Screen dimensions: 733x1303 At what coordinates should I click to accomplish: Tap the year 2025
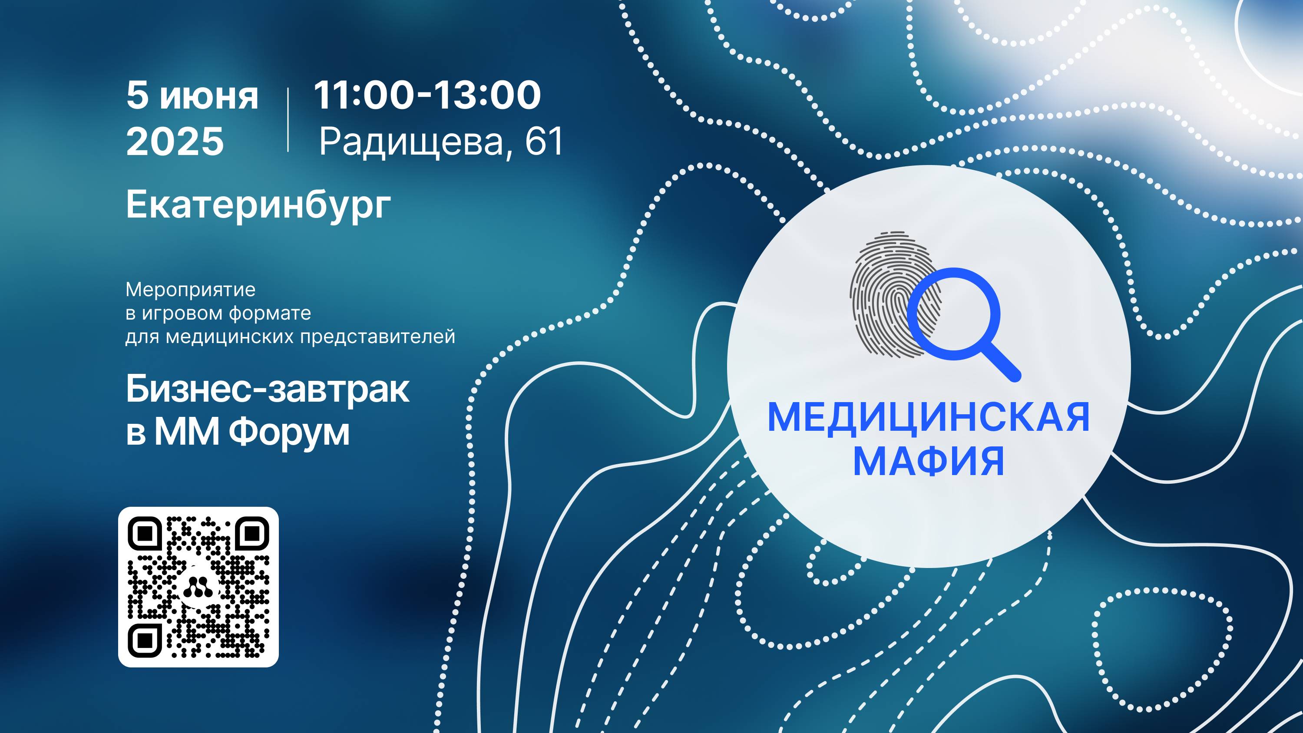point(175,141)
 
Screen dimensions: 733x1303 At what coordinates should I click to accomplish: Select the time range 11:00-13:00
point(427,95)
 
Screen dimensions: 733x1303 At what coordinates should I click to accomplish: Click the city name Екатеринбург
point(258,205)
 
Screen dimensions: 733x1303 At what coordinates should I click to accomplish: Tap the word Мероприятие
point(190,290)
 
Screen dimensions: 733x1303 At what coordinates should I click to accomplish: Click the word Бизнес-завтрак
point(268,390)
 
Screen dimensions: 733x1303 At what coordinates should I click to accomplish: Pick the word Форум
point(289,433)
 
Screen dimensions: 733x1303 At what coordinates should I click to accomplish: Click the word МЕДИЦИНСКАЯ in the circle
point(929,417)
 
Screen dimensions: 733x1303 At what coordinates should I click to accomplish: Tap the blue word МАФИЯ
point(929,461)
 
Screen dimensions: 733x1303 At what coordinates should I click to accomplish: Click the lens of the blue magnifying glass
point(954,314)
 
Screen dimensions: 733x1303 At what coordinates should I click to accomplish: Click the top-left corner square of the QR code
point(145,533)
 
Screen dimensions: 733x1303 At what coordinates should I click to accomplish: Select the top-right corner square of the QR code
point(252,533)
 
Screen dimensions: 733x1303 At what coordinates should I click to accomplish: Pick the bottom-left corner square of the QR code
point(145,641)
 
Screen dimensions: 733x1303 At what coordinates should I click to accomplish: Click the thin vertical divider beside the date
point(288,119)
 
